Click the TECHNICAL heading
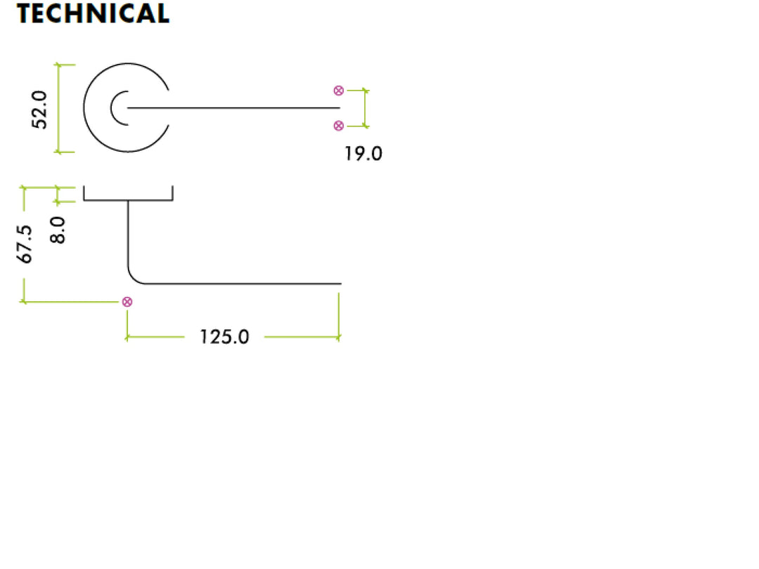click(93, 13)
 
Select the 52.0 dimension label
click(39, 110)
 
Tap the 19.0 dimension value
click(363, 154)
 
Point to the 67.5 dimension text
click(24, 244)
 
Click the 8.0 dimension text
click(58, 230)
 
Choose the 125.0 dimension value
click(225, 337)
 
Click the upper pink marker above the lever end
click(339, 91)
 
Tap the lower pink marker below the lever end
click(339, 126)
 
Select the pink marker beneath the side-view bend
click(127, 302)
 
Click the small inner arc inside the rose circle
click(111, 108)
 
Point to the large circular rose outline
click(84, 108)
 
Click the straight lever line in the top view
click(234, 108)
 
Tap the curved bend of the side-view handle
click(133, 279)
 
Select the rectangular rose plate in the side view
click(129, 200)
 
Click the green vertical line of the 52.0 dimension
click(58, 108)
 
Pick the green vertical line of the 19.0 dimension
click(365, 108)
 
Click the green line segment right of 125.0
click(301, 336)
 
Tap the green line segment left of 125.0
click(155, 336)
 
